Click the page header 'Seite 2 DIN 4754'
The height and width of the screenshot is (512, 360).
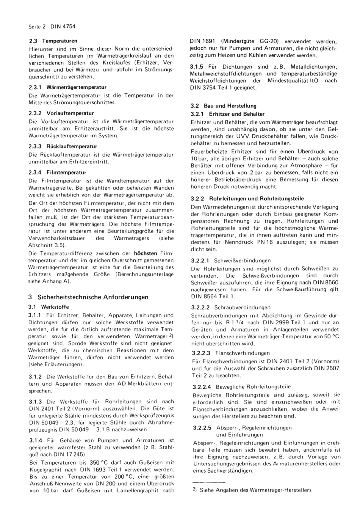tap(52, 27)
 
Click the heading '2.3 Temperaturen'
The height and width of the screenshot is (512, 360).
tap(53, 41)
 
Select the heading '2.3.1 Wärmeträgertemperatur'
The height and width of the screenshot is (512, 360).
tap(67, 87)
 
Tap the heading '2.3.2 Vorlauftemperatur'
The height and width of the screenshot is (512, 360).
tap(61, 113)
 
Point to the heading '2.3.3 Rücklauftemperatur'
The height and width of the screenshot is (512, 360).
tap(63, 146)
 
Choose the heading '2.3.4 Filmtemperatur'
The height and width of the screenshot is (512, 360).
tap(57, 172)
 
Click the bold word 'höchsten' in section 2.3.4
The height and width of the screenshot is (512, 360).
tap(145, 253)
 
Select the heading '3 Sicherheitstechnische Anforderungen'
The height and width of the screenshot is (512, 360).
tap(88, 297)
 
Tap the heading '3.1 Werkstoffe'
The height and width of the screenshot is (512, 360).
tap(49, 307)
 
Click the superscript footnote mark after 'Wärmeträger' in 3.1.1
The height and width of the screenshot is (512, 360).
tap(171, 336)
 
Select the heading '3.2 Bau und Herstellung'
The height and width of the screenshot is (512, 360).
tap(224, 106)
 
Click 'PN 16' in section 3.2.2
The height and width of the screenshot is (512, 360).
tap(264, 242)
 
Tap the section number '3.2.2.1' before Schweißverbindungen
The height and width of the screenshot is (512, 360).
tap(201, 261)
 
